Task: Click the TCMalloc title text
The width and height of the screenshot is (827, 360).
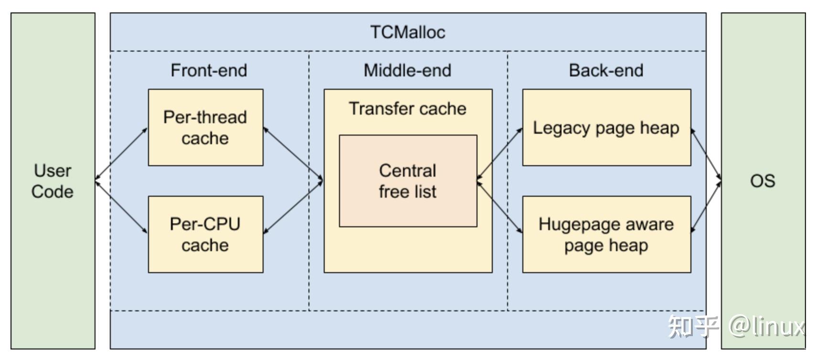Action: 407,32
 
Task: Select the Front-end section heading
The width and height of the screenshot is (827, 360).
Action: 209,71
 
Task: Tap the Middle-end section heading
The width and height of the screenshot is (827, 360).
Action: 407,71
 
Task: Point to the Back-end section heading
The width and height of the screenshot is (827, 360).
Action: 606,71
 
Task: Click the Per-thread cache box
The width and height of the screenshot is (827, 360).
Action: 205,127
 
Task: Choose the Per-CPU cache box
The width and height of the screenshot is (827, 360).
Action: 205,234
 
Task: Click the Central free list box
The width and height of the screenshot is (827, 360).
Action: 408,181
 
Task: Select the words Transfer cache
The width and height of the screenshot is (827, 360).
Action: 407,109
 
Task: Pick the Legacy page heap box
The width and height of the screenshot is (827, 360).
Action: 606,128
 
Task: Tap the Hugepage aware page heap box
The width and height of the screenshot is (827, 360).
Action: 606,234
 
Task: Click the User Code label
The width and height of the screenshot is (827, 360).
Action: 53,181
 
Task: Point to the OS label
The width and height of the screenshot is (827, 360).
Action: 763,181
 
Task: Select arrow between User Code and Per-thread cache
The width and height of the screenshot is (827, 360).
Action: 122,154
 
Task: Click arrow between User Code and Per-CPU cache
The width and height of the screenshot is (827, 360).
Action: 122,207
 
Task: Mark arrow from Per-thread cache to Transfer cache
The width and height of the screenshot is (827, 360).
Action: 293,154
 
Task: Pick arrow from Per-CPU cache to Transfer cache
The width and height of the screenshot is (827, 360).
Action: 293,207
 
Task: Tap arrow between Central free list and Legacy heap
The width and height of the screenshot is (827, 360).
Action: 499,154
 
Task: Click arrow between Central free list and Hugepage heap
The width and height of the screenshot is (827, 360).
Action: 499,207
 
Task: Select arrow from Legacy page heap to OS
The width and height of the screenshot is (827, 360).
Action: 706,154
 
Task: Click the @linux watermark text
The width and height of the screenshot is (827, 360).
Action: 766,327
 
